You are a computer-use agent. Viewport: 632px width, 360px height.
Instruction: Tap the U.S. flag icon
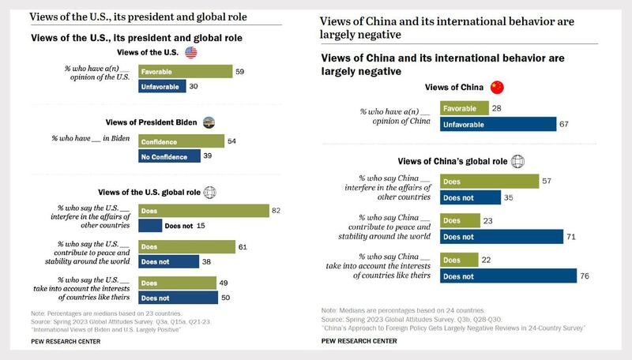[190, 52]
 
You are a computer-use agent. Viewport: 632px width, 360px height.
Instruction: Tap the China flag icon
[497, 88]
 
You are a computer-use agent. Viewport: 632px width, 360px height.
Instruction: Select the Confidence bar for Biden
[181, 141]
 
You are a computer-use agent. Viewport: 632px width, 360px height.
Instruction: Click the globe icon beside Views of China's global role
[517, 161]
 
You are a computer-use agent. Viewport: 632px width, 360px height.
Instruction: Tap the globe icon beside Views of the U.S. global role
[212, 192]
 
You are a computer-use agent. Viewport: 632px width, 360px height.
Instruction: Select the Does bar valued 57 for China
[490, 181]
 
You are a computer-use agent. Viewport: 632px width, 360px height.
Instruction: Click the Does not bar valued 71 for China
[501, 235]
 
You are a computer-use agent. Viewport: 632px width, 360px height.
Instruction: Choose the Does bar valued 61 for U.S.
[186, 247]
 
